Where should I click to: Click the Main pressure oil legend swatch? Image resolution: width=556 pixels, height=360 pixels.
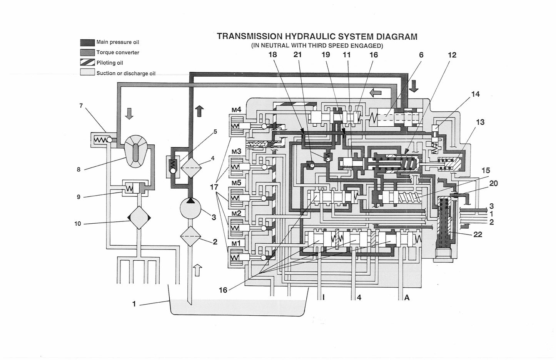[87, 42]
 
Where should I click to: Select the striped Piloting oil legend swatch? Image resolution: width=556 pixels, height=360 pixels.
[87, 62]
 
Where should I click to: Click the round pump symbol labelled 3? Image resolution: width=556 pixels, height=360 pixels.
[190, 208]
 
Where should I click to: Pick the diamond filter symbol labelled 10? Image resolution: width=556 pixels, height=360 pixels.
[139, 218]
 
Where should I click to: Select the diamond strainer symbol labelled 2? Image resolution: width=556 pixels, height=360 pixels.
[190, 236]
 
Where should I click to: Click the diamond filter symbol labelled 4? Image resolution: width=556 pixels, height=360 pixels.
[190, 168]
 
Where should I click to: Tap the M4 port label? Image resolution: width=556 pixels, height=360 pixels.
[236, 110]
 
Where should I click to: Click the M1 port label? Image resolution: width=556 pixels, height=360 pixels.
[236, 244]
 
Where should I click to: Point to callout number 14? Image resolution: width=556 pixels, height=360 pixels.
[475, 94]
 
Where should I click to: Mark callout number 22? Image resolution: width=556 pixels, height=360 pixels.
[478, 234]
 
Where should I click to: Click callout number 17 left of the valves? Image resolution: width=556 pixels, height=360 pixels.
[214, 187]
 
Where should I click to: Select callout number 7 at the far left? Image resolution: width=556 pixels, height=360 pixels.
[81, 106]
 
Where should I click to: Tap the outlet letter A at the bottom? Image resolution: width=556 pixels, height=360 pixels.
[407, 297]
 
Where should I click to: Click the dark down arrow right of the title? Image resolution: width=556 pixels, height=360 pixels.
[414, 86]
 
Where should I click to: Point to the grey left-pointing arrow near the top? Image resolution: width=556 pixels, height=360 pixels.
[375, 93]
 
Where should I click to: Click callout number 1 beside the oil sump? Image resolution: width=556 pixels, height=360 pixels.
[134, 304]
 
